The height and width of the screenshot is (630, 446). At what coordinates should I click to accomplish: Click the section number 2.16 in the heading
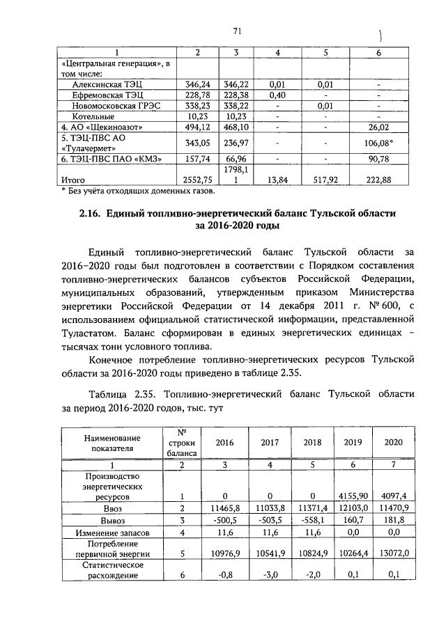91,212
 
